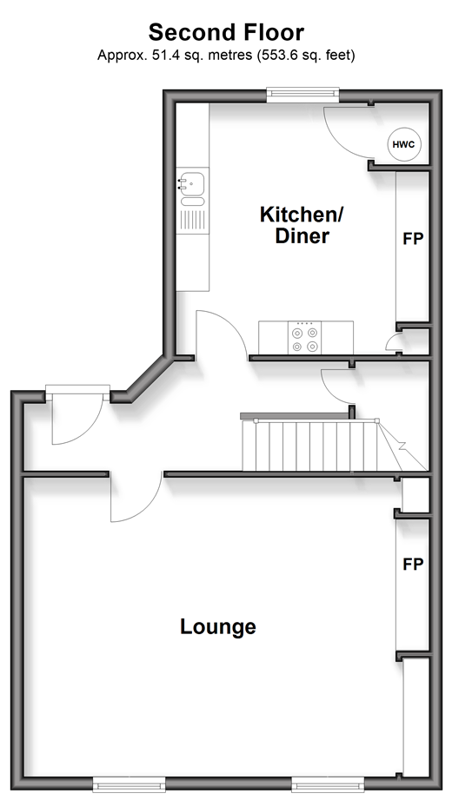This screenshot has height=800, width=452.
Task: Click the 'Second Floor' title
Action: pyautogui.click(x=226, y=33)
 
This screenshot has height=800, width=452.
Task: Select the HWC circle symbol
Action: pyautogui.click(x=403, y=144)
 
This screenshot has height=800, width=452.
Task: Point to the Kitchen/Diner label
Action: pyautogui.click(x=302, y=225)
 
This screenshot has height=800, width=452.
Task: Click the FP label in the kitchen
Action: pyautogui.click(x=413, y=238)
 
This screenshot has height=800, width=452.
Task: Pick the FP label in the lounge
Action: pyautogui.click(x=413, y=565)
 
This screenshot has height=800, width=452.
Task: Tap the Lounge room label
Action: pyautogui.click(x=218, y=626)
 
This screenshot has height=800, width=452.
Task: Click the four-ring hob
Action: pyautogui.click(x=304, y=338)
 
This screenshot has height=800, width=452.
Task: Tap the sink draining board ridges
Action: pyautogui.click(x=193, y=220)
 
